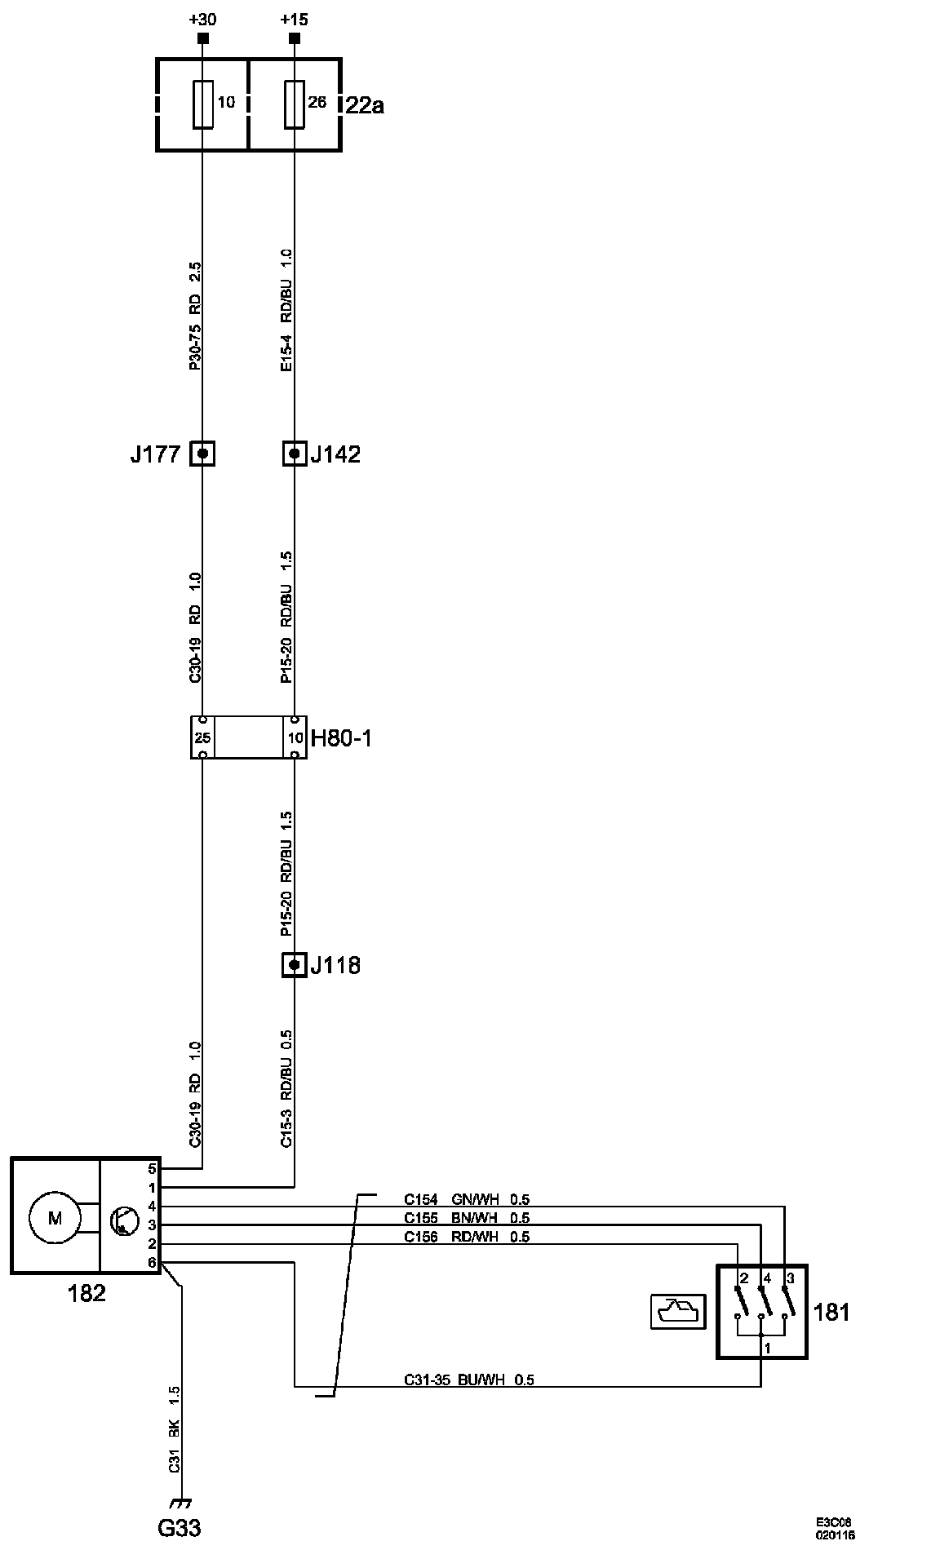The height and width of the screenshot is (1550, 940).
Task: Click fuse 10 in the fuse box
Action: click(x=203, y=104)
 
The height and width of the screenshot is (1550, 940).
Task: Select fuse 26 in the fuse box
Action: click(x=295, y=104)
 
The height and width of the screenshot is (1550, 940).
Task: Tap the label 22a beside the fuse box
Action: click(x=364, y=105)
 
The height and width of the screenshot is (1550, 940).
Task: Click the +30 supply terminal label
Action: click(x=202, y=19)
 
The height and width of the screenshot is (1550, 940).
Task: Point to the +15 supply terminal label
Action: click(x=294, y=19)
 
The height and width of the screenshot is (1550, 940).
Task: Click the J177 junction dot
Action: click(x=202, y=454)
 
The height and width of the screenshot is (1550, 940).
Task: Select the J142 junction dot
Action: click(x=295, y=454)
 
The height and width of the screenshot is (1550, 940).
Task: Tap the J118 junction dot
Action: click(x=295, y=965)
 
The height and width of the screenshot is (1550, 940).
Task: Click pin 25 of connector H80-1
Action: click(x=202, y=737)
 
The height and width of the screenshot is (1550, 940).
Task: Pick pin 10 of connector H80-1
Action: click(x=295, y=737)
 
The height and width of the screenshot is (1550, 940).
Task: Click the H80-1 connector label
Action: click(x=341, y=738)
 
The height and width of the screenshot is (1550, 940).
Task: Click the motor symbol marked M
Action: click(x=55, y=1218)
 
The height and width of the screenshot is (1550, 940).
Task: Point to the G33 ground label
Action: click(x=180, y=1527)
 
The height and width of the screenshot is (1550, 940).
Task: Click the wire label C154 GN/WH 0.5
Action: click(x=467, y=1199)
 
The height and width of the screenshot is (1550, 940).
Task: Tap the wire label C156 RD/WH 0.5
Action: click(x=467, y=1237)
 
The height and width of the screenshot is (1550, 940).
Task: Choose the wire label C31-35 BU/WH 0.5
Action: click(x=469, y=1380)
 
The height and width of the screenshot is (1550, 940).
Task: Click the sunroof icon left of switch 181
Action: click(x=677, y=1312)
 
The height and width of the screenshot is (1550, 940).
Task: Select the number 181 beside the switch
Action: click(x=831, y=1312)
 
